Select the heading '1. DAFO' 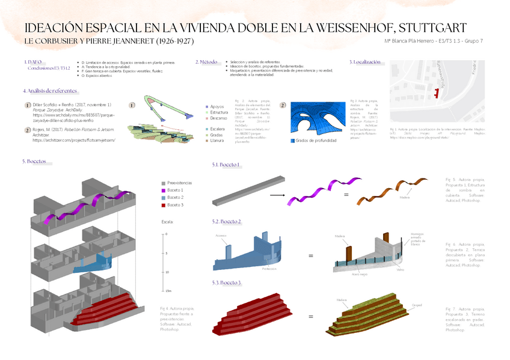coord(33,62)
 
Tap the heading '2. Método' coord(206,62)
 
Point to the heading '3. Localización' coord(365,62)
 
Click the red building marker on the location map coord(436,91)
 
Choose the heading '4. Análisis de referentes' coord(51,91)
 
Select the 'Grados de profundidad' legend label coord(316,141)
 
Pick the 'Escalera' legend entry coord(218,129)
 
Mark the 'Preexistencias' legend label coord(179,182)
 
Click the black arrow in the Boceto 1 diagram coord(277,195)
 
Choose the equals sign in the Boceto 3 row coord(311,316)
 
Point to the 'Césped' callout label coord(417,305)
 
